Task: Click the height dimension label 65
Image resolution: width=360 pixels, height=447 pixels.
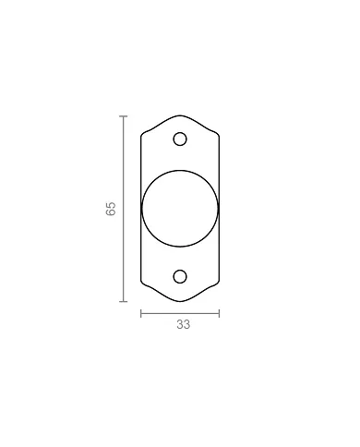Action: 111,209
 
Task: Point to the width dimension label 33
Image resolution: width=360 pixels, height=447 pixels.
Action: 184,324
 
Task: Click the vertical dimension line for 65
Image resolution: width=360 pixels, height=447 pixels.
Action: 124,209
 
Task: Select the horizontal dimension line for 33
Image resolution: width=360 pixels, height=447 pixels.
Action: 180,314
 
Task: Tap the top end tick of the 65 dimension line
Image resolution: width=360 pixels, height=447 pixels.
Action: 124,116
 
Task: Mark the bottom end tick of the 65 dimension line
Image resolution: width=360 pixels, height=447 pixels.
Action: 124,302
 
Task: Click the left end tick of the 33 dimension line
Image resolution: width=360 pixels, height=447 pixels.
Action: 141,314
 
